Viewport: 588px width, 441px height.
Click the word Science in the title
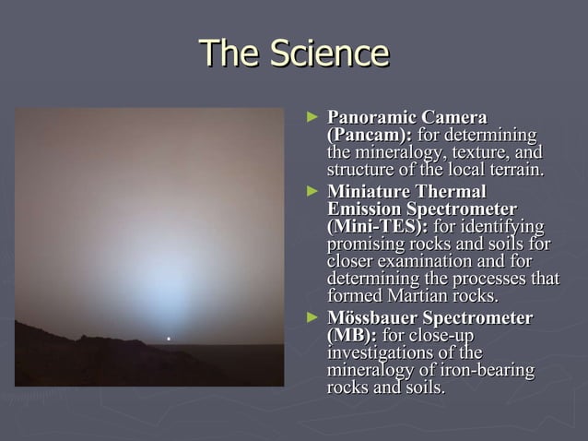(x=329, y=53)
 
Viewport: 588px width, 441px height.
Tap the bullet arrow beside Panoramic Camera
(x=312, y=117)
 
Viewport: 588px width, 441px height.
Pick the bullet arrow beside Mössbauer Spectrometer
(x=312, y=317)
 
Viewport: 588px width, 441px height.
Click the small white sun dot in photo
(x=168, y=340)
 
